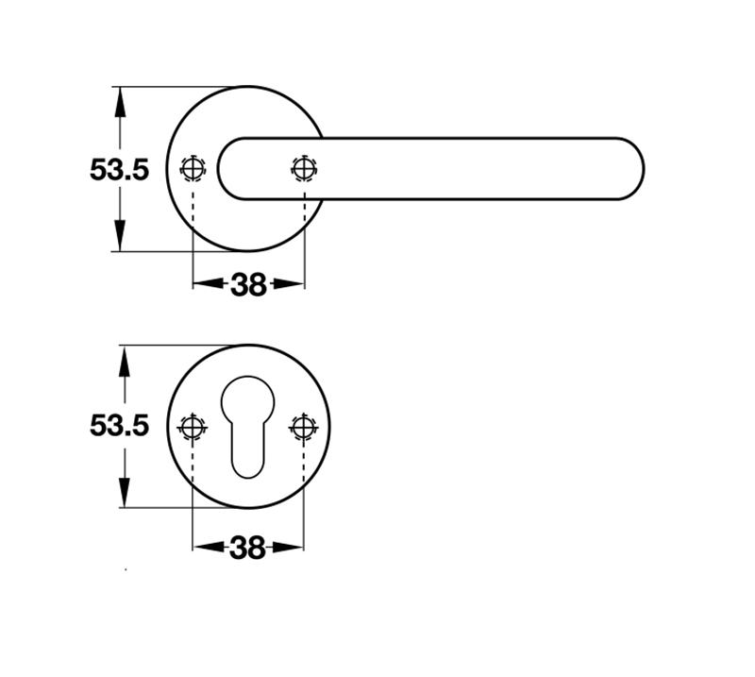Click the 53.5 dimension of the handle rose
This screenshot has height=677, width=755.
pyautogui.click(x=120, y=170)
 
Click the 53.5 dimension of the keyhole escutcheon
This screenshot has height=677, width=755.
pyautogui.click(x=120, y=426)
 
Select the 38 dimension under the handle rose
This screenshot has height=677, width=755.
pyautogui.click(x=248, y=284)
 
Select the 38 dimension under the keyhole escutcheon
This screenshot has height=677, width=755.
pyautogui.click(x=247, y=547)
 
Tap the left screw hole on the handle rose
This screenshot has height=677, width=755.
pyautogui.click(x=193, y=169)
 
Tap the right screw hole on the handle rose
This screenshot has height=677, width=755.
pyautogui.click(x=303, y=169)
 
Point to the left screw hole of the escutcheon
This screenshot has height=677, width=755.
pyautogui.click(x=193, y=426)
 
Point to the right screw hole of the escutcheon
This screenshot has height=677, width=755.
pyautogui.click(x=303, y=426)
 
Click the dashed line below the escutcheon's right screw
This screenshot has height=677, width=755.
pyautogui.click(x=303, y=482)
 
